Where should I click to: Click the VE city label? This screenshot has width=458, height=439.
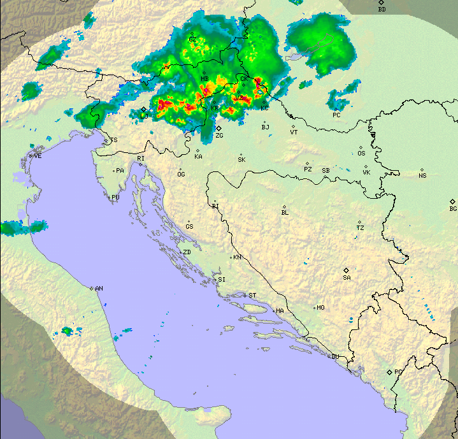tap(38, 155)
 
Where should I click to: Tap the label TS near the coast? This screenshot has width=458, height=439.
tap(114, 140)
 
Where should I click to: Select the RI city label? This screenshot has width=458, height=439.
tap(141, 158)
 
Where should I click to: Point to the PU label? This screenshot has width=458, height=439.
tap(115, 198)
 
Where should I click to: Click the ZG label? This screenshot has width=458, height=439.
tap(219, 136)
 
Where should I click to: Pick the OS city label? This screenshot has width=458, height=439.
tap(361, 153)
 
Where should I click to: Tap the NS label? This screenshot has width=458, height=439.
tap(422, 175)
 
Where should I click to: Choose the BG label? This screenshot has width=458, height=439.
tap(453, 209)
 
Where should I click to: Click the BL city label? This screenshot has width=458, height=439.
tap(285, 213)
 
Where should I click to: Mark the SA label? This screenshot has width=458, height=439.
tap(347, 277)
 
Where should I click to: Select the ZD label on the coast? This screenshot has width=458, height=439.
tap(187, 252)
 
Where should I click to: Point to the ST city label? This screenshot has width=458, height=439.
tap(252, 295)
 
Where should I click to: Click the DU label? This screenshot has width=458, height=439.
tap(334, 356)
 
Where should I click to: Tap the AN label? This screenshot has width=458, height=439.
tap(99, 289)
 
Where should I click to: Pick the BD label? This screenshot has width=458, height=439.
tap(382, 10)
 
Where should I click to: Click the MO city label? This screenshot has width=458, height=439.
tap(320, 308)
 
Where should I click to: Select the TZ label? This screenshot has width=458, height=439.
tap(360, 228)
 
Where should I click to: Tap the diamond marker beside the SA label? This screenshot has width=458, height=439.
tap(346, 270)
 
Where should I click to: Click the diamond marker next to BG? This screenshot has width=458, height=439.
tap(452, 201)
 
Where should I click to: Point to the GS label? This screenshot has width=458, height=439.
tap(189, 227)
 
